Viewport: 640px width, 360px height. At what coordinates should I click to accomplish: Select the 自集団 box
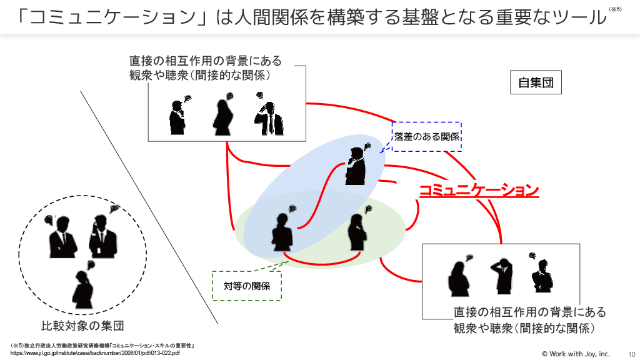[536, 82]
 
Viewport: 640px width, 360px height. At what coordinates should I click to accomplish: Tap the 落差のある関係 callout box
[426, 136]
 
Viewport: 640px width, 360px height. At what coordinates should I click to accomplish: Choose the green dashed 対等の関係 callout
[247, 286]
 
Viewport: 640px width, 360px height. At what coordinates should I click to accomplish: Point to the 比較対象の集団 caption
[82, 326]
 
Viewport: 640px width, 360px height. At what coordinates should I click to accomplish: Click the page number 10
[631, 354]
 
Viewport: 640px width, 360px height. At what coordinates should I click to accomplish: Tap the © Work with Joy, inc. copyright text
[575, 354]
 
